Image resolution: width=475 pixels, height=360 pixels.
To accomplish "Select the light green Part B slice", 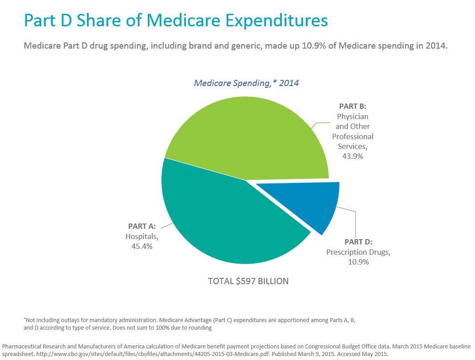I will point(250,138).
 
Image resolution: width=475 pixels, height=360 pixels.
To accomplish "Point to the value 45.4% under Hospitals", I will point(141,246).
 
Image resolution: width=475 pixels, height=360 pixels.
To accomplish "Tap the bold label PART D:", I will point(358,242).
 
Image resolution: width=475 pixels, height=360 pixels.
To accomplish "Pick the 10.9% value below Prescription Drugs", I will point(358,262).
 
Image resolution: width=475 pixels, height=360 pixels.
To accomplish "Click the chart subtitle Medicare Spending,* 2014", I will point(246,83).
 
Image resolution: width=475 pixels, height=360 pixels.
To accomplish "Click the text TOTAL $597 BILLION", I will point(248,281).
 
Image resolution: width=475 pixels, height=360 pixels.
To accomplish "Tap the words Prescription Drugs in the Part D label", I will point(358,252).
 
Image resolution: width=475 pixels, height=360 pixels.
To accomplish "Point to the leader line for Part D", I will point(355,223).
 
